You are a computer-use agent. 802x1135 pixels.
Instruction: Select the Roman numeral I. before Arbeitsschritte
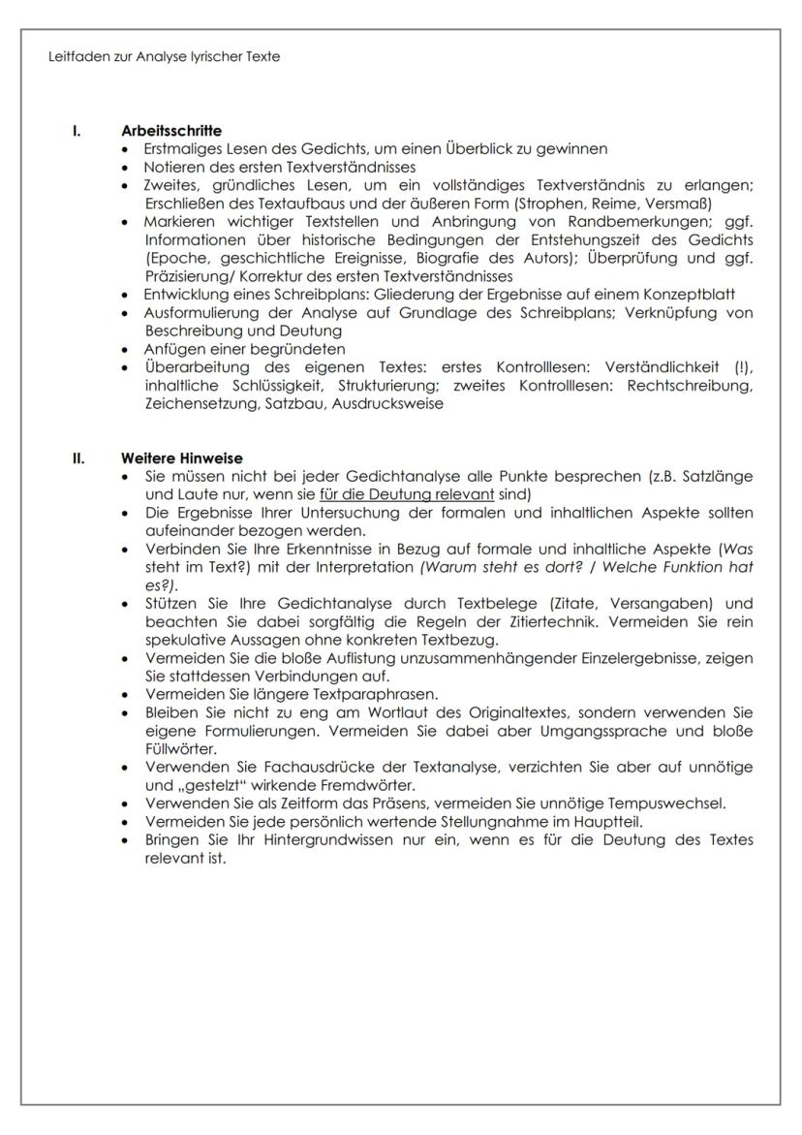77,131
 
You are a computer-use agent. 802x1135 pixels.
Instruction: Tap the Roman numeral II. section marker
79,457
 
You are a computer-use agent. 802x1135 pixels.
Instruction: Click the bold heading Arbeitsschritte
171,131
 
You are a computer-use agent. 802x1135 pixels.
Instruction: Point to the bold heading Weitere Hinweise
181,457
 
